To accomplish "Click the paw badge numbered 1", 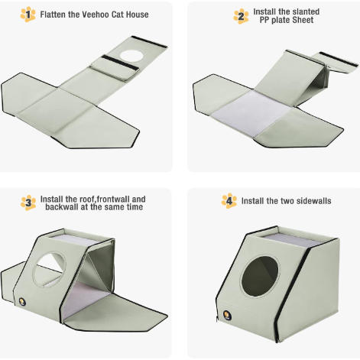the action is (28, 15).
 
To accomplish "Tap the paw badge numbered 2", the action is (241, 16).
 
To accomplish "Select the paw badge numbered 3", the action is (28, 203).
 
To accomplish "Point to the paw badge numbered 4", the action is (229, 201).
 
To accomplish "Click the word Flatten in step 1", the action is (53, 15).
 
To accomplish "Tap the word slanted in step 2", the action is (306, 11).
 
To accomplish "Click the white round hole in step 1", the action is (131, 56).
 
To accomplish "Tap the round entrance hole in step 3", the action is (49, 270).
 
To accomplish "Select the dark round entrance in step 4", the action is (260, 276).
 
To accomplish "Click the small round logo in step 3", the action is (22, 302).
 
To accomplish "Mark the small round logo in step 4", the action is (227, 316).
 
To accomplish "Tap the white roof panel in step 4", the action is (292, 241).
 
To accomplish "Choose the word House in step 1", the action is (137, 15).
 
